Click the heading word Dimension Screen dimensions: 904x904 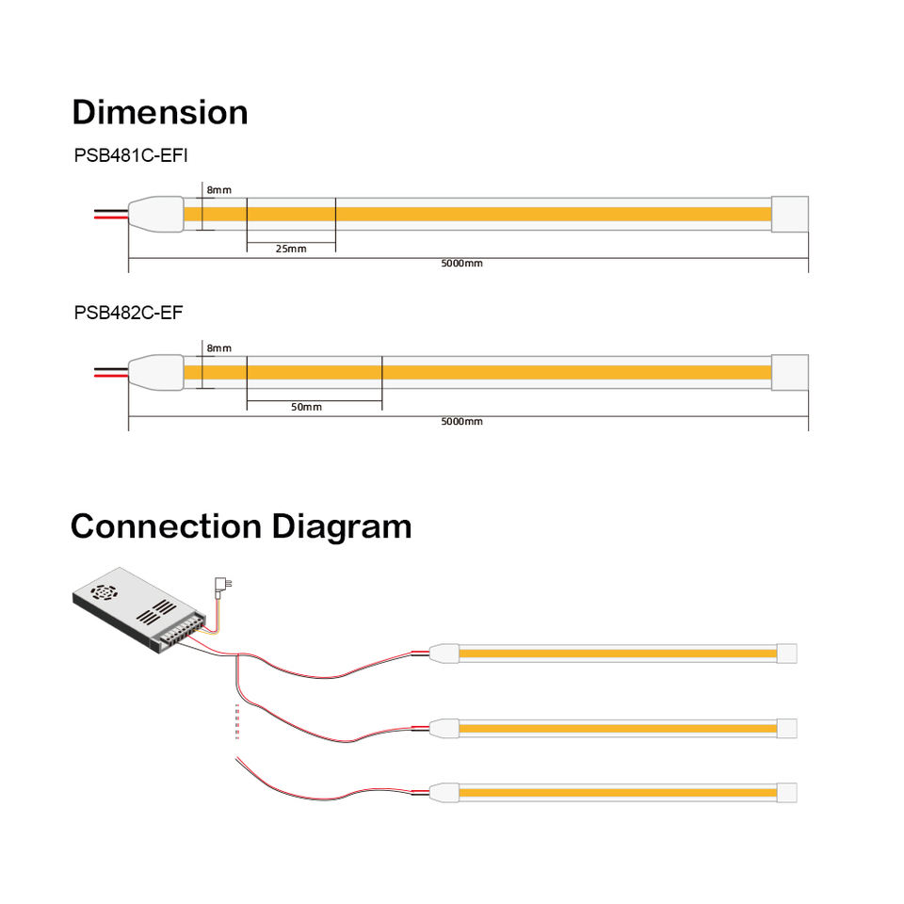(160, 112)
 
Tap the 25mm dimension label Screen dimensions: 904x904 (290, 249)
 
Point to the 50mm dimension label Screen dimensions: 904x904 (306, 407)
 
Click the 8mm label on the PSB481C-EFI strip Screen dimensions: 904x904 (218, 190)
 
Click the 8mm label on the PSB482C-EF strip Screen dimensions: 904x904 (218, 348)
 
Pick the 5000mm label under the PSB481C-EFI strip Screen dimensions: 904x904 (461, 264)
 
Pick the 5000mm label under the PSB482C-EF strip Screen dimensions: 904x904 (461, 421)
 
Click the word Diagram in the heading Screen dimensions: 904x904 (342, 525)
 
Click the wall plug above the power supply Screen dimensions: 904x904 (223, 585)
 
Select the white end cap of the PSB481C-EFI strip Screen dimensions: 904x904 (790, 213)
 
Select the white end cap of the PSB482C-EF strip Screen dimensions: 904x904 (790, 371)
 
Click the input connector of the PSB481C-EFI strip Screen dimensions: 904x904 (155, 214)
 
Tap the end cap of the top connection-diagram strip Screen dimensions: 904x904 (786, 653)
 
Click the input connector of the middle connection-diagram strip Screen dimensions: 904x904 (444, 728)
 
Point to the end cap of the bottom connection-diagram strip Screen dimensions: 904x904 (786, 793)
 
